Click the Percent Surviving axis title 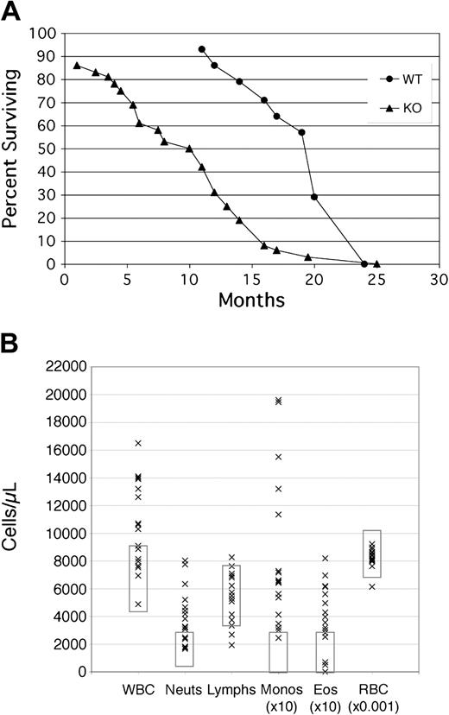(12, 149)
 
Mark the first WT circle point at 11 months (201, 49)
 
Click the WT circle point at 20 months (314, 197)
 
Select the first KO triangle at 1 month (77, 66)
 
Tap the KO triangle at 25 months (376, 263)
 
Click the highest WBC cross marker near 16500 (137, 443)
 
